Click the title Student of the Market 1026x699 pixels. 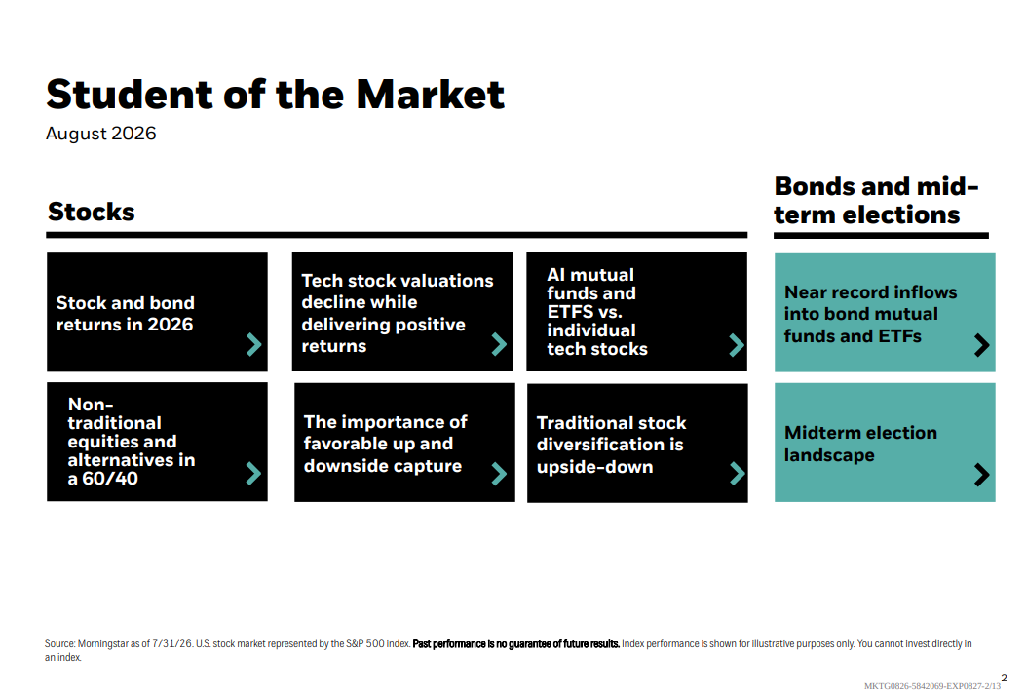[x=275, y=95]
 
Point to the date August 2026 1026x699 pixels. [x=100, y=134]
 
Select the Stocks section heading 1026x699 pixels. [x=91, y=213]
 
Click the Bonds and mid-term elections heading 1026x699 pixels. [x=876, y=200]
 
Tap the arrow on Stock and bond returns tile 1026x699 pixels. [x=254, y=344]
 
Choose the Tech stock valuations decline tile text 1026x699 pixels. [x=398, y=313]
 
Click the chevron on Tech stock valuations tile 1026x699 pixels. [x=499, y=344]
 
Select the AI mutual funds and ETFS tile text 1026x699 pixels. [x=596, y=312]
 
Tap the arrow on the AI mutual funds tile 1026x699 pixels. [x=737, y=345]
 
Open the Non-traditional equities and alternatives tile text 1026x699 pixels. [x=132, y=441]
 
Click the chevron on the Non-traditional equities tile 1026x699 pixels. [x=254, y=473]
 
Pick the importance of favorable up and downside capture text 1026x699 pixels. [x=386, y=444]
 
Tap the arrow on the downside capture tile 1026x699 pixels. [x=499, y=474]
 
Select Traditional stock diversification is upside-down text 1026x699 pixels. [x=611, y=446]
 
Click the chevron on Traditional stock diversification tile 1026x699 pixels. [x=738, y=474]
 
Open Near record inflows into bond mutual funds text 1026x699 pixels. [x=870, y=314]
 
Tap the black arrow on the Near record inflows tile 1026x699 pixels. [x=981, y=345]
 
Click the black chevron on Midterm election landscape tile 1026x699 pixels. [x=981, y=475]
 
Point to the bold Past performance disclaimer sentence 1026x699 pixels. [x=516, y=644]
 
